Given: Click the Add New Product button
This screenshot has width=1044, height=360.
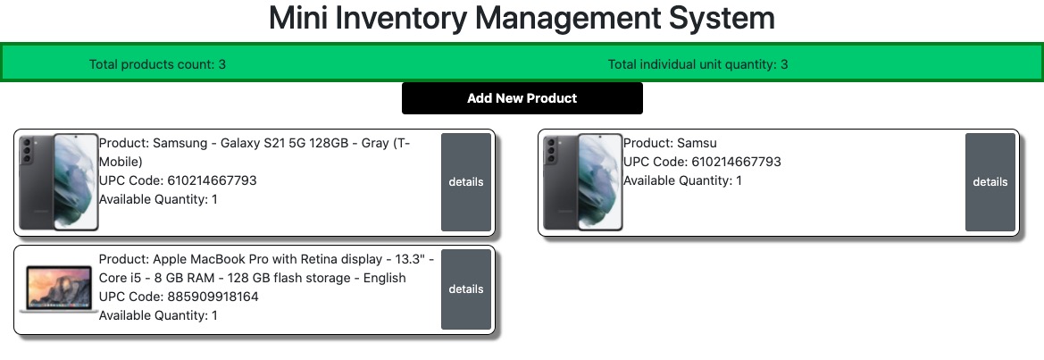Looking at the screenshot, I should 522,98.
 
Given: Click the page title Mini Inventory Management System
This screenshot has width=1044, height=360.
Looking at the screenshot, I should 522,18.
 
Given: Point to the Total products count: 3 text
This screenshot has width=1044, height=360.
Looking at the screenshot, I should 157,64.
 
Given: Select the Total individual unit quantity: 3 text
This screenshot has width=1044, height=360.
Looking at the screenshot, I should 697,64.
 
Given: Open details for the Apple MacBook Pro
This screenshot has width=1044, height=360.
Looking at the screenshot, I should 465,289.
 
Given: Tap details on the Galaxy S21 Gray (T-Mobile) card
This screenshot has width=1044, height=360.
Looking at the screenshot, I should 465,182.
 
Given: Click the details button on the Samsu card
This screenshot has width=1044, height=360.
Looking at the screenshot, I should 990,182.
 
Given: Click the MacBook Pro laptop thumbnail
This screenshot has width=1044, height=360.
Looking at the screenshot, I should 58,289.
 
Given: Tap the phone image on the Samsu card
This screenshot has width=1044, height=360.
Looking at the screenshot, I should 582,182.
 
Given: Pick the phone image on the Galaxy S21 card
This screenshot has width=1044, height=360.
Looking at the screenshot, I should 58,182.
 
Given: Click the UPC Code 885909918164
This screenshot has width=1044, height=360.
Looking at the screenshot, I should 179,297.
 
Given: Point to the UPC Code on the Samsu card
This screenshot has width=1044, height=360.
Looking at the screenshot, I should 702,162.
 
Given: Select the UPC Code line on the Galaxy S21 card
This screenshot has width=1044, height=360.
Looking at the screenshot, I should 178,180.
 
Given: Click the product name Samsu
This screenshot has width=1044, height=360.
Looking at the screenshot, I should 697,143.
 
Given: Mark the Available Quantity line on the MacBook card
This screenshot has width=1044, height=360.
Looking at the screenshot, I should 158,315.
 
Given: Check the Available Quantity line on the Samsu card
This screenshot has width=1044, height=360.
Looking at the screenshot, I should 682,180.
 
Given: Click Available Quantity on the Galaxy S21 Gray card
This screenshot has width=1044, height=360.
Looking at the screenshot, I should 158,199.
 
